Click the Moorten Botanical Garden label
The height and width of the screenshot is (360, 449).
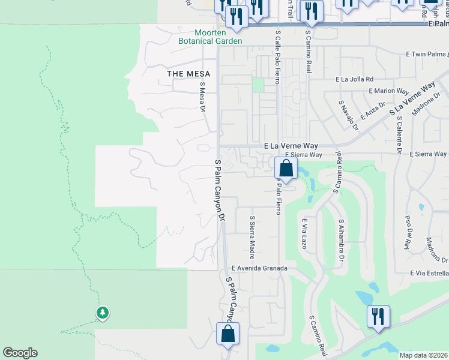[x=210, y=37]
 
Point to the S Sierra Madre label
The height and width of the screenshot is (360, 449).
[x=252, y=235]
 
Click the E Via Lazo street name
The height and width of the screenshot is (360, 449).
[x=304, y=234]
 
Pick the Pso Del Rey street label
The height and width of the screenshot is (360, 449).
[x=407, y=232]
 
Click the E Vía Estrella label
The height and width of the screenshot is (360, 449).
[x=429, y=273]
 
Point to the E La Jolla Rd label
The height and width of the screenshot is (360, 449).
[x=355, y=79]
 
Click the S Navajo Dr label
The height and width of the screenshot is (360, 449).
[x=346, y=115]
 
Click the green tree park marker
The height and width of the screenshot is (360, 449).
[x=102, y=313]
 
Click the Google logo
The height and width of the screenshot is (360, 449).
[x=20, y=353]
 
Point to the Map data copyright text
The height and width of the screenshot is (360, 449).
[x=423, y=356]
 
